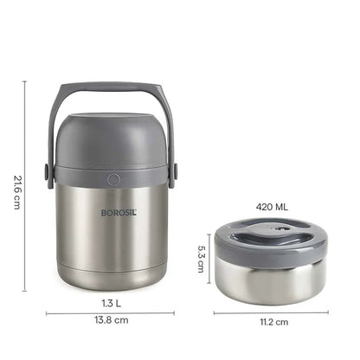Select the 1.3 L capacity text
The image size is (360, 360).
point(110,303)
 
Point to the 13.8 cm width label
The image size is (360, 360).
point(110,320)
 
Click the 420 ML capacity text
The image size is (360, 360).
point(271,208)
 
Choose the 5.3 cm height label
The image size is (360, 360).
point(200,257)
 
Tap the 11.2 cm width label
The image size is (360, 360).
point(271,322)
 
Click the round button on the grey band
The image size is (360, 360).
point(112,179)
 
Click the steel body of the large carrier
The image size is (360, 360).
point(110,242)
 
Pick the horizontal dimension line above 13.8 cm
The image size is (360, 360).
point(110,312)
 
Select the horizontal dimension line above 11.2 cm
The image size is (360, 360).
point(271,312)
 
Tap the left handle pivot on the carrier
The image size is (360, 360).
point(48,173)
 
